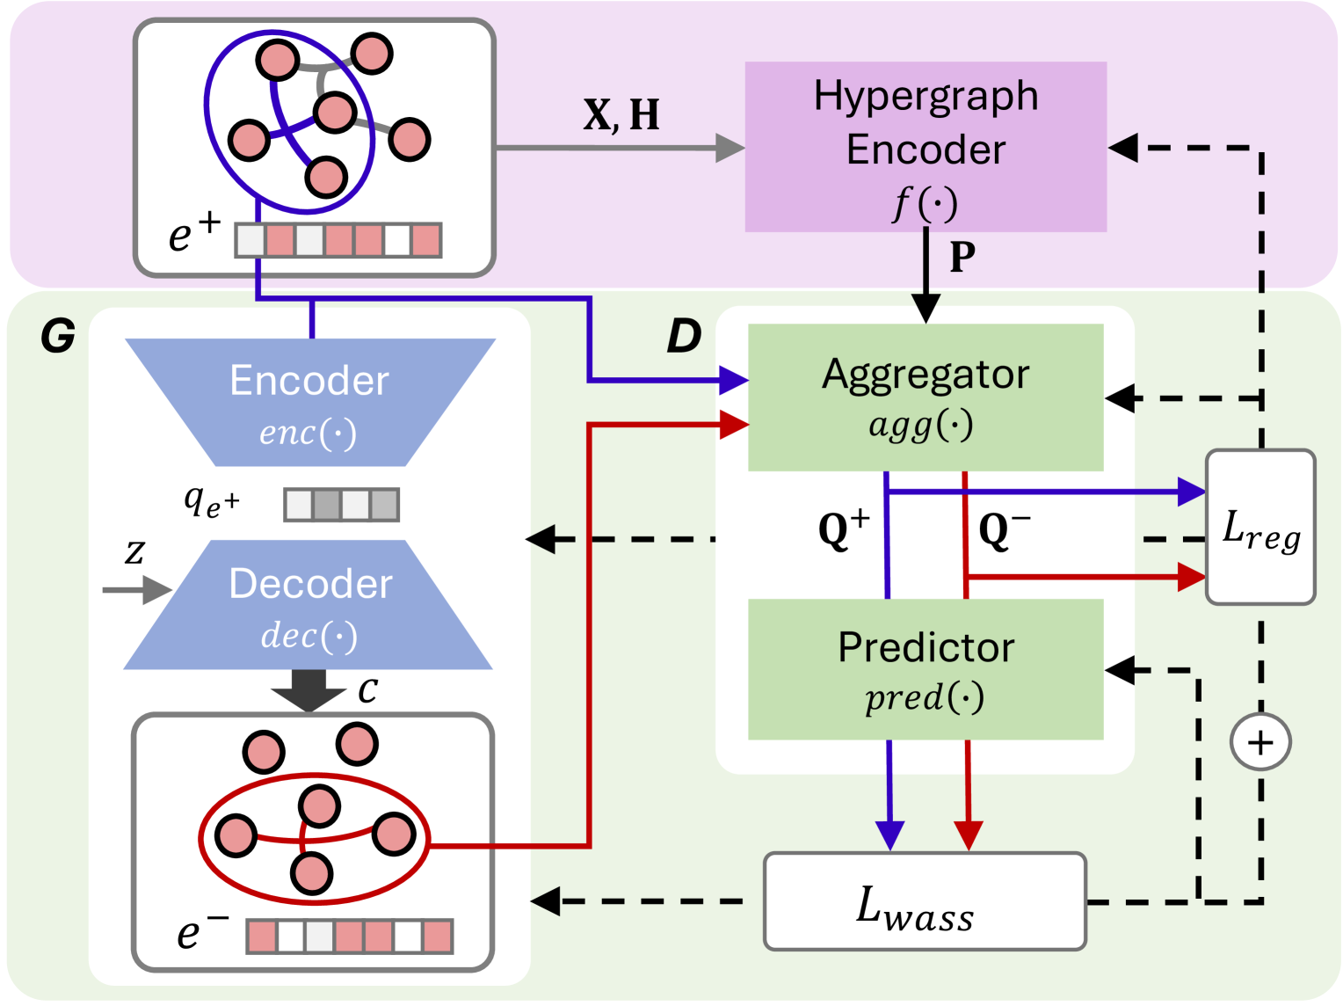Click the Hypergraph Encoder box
926,147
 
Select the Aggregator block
926,397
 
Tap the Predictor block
926,669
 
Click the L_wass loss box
925,901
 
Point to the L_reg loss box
1260,527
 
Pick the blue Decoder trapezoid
309,605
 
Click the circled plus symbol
1260,742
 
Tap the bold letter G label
58,336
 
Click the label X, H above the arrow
621,115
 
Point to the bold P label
962,258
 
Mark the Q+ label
843,529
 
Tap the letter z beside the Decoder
134,552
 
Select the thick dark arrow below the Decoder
309,689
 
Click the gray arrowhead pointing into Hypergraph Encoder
730,148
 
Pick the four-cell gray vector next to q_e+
341,505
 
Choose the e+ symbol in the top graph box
193,232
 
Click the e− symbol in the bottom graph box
201,931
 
